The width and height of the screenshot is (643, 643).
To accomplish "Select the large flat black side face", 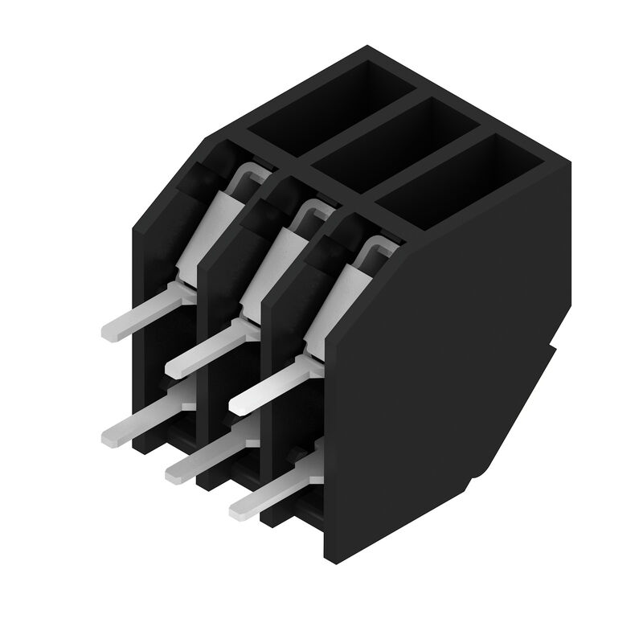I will point(442,362).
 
